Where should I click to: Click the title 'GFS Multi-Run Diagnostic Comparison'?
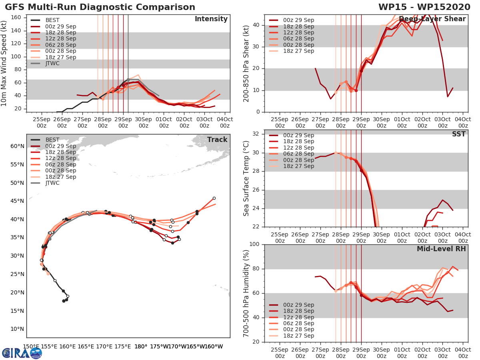point(100,7)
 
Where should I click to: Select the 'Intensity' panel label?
point(211,19)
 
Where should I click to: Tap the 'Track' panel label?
point(217,140)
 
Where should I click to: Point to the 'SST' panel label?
point(458,134)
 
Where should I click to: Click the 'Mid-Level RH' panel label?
point(441,249)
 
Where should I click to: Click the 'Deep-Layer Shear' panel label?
point(432,19)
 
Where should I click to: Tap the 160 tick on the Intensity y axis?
point(16,18)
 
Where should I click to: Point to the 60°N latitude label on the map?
point(17,146)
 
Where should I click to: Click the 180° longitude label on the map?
point(141,346)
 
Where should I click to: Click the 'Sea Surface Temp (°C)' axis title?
point(246,178)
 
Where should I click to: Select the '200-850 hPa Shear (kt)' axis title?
point(246,64)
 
